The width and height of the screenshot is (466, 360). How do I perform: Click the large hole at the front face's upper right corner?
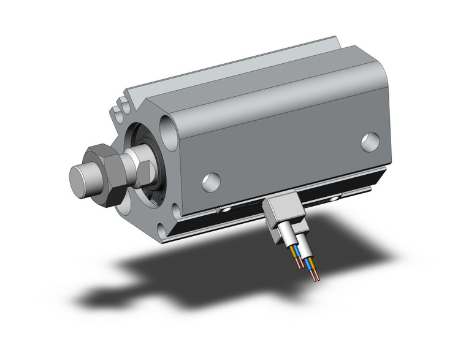(x=168, y=130)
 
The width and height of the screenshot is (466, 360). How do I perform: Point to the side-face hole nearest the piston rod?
(x=210, y=180)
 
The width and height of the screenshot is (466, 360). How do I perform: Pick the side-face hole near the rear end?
(x=369, y=142)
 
